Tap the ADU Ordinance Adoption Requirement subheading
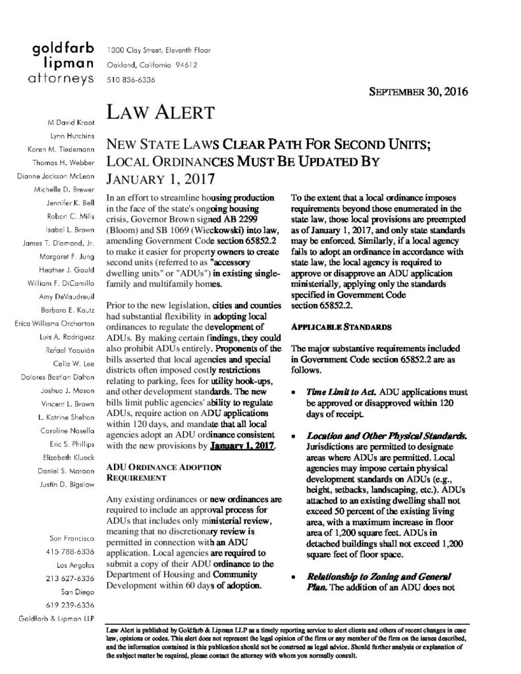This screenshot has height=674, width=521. point(154,472)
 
